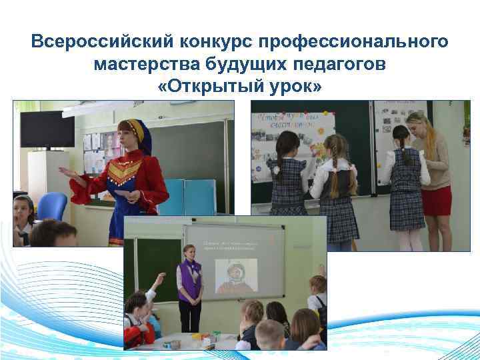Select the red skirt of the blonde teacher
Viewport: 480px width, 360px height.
coord(437,201)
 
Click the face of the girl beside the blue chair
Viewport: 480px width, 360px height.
coord(24,213)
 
